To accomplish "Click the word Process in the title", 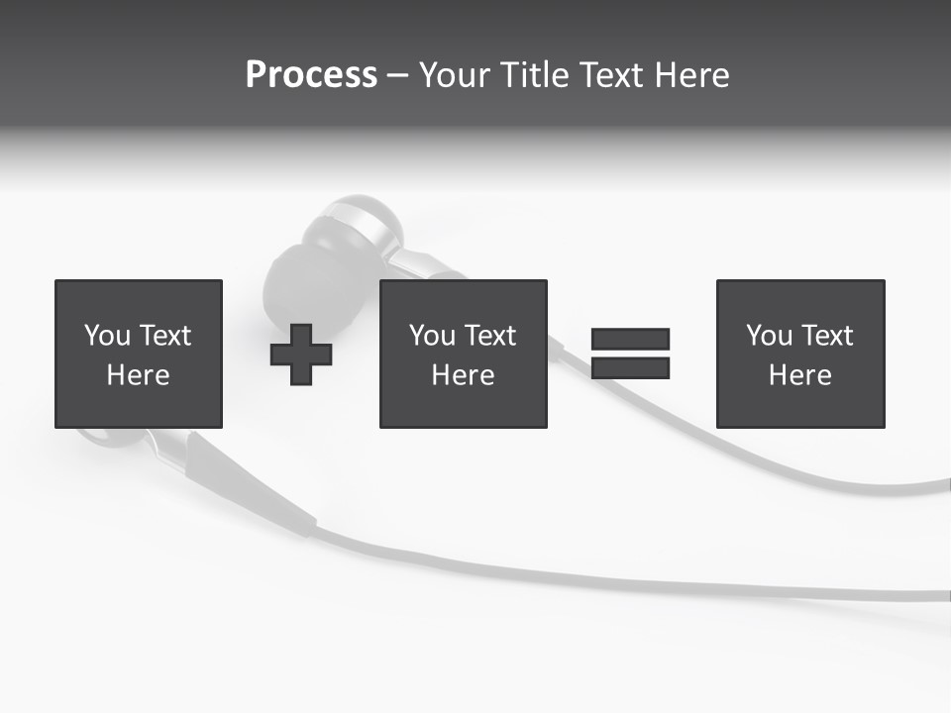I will coord(311,75).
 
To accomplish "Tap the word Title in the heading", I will coord(533,75).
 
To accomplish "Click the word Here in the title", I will coord(691,75).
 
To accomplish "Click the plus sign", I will coord(301,355).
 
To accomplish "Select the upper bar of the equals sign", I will coord(630,339).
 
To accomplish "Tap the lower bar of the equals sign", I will coord(630,368).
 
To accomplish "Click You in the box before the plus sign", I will coord(106,336).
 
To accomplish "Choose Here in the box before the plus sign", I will coord(138,375).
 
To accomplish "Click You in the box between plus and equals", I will coord(431,336).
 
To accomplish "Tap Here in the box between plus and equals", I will coord(463,375).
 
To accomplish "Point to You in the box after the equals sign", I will coord(768,336).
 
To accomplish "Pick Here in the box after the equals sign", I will coord(799,375).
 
